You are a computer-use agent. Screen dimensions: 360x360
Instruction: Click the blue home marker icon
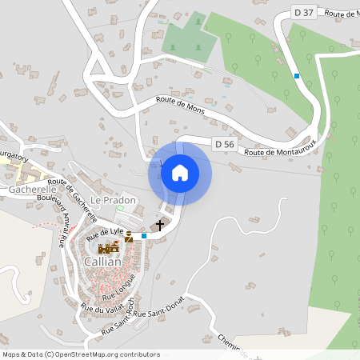(x=180, y=173)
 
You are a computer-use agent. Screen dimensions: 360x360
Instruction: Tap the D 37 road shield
(x=303, y=12)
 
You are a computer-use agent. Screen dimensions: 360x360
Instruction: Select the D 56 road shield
(x=225, y=144)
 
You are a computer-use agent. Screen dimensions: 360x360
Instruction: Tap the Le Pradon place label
(x=113, y=200)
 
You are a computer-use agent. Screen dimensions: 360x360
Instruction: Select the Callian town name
(x=102, y=262)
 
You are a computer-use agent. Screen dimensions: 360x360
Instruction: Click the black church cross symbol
(x=159, y=226)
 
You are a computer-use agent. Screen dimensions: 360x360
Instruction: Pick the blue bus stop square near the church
(x=144, y=235)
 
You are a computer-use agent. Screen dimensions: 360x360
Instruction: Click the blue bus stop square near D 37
(x=297, y=76)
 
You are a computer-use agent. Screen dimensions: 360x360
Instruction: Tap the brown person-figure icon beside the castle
(x=128, y=236)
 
